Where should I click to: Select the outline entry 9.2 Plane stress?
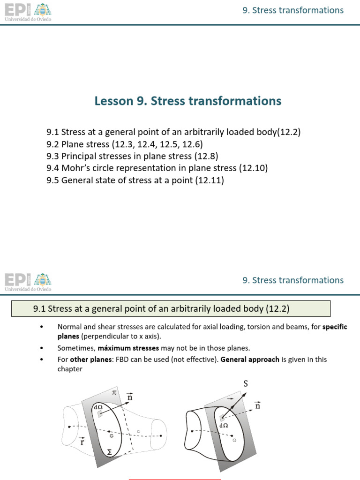[124, 144]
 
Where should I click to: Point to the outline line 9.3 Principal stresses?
[132, 156]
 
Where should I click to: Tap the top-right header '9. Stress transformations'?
[293, 10]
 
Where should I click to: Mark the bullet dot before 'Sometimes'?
[42, 348]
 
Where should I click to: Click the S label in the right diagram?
[245, 383]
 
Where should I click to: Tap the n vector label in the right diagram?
[257, 405]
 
